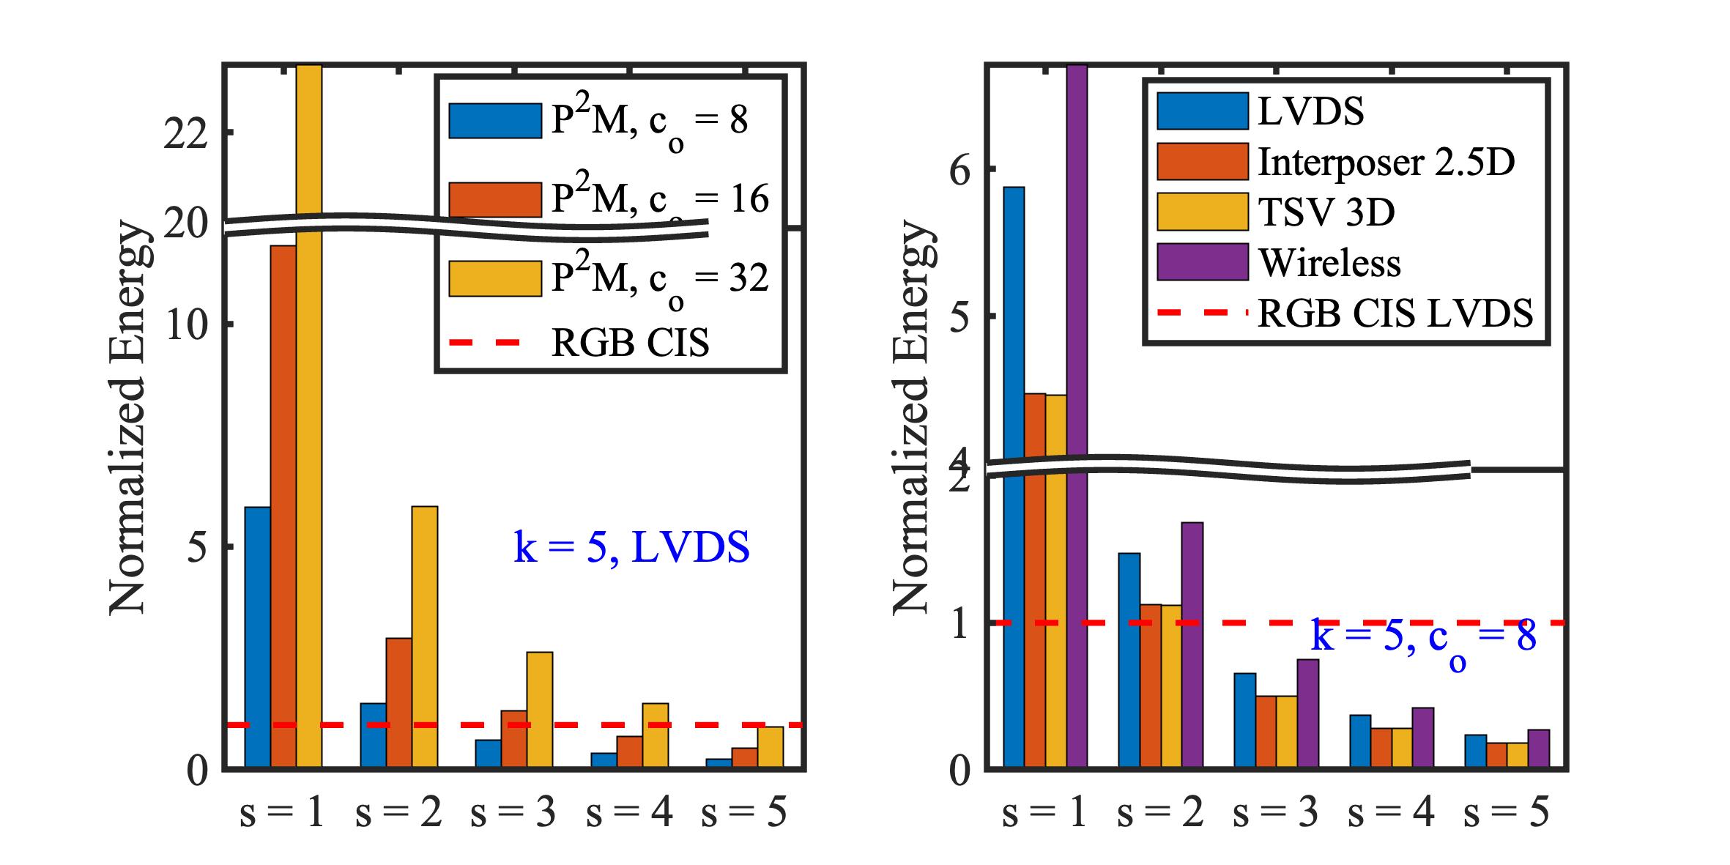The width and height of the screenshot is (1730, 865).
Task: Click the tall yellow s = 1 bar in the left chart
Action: [308, 439]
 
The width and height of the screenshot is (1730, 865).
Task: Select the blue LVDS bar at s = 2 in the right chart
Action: [1129, 659]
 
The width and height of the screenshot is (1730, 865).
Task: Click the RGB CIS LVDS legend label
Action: [1395, 313]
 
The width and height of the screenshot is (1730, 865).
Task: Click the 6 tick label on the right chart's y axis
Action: [959, 170]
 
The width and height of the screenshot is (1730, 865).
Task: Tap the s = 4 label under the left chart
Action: [629, 813]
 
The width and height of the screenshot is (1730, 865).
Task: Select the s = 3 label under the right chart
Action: [1275, 813]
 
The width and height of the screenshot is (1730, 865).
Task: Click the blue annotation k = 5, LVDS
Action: [631, 548]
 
